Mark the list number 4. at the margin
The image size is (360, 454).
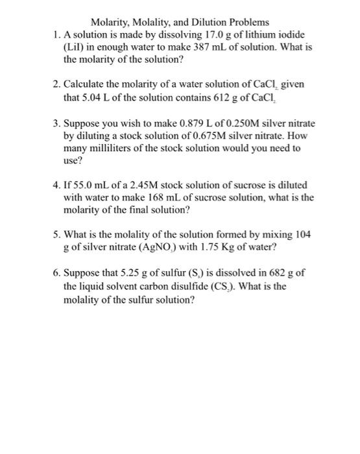click(56, 185)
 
